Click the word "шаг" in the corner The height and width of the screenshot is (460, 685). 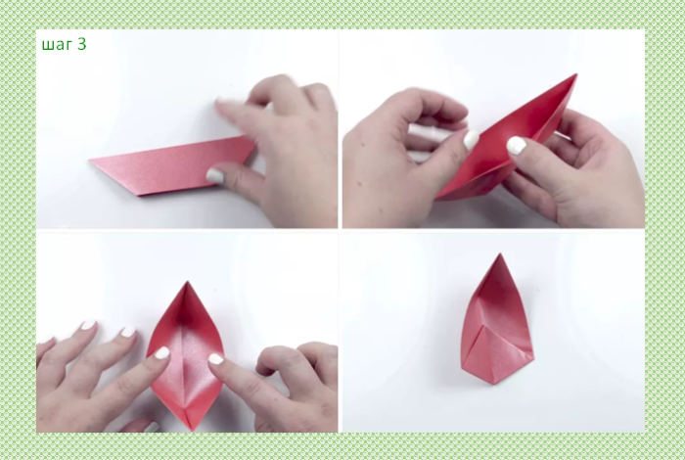click(x=57, y=45)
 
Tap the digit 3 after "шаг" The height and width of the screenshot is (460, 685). click(x=81, y=44)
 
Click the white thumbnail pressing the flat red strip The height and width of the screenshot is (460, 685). click(x=214, y=175)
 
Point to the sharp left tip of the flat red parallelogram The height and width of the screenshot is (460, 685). click(x=89, y=161)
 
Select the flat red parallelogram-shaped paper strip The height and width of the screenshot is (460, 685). click(x=172, y=165)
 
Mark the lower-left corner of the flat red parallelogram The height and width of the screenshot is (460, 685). click(x=140, y=195)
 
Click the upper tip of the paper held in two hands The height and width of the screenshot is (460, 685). click(x=576, y=74)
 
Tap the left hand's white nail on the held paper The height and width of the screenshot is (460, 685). click(x=471, y=140)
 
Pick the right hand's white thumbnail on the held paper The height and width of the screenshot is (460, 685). click(x=517, y=146)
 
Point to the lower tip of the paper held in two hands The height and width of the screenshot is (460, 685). click(x=436, y=198)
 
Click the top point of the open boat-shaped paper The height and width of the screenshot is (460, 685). click(x=188, y=282)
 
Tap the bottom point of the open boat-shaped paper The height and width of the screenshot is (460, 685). click(x=192, y=430)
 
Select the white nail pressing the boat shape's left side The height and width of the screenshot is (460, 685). click(x=162, y=352)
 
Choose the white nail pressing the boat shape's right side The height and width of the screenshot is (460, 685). click(x=216, y=359)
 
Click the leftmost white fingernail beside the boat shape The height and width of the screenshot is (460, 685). click(x=88, y=325)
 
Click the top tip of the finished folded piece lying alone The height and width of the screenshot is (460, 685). click(x=500, y=253)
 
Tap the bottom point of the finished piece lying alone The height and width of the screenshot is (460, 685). click(x=494, y=384)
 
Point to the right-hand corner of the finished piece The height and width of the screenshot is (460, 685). click(x=533, y=358)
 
